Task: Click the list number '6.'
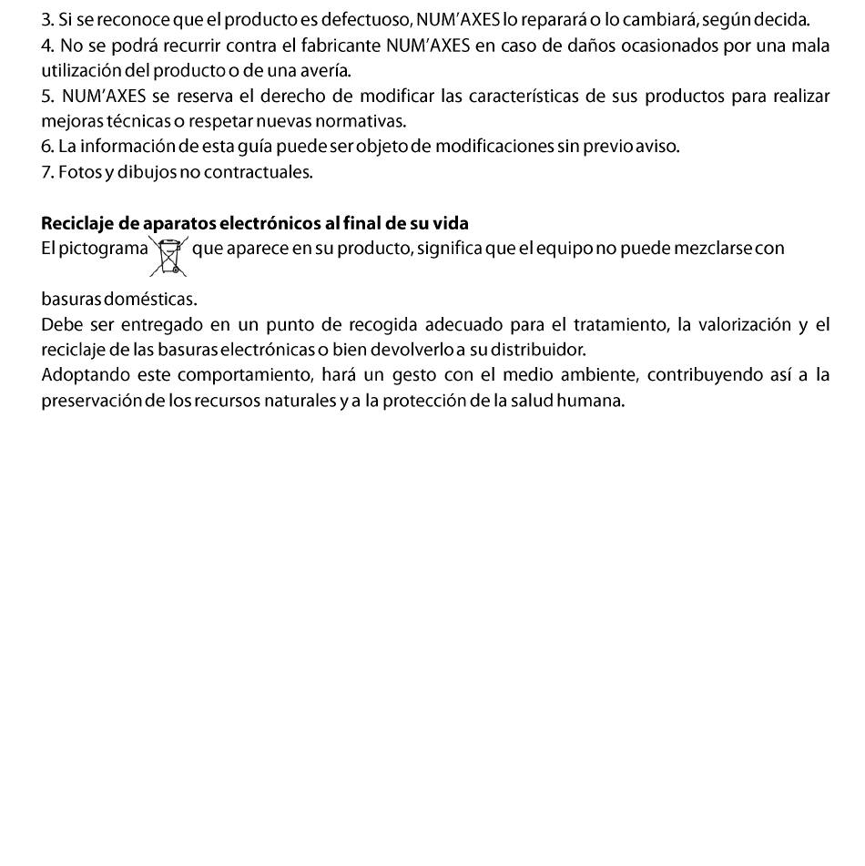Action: coord(47,146)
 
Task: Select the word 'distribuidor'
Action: coord(541,349)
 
